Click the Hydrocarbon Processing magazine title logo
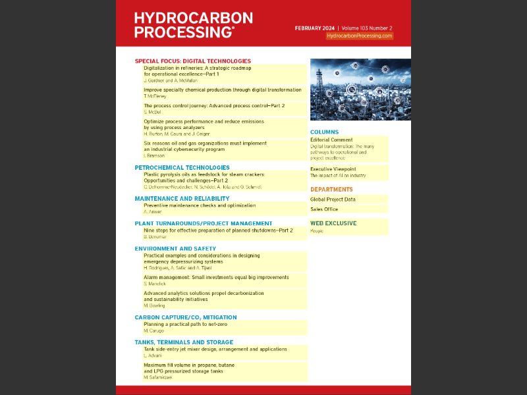pyautogui.click(x=184, y=25)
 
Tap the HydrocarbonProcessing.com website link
pyautogui.click(x=360, y=36)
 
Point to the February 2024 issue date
pyautogui.click(x=316, y=28)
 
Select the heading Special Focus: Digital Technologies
pyautogui.click(x=193, y=61)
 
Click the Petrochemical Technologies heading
pyautogui.click(x=182, y=168)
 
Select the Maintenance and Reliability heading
pyautogui.click(x=182, y=198)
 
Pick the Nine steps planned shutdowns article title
pyautogui.click(x=218, y=230)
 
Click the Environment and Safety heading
pyautogui.click(x=175, y=249)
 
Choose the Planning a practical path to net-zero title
pyautogui.click(x=190, y=325)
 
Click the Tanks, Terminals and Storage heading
pyautogui.click(x=184, y=342)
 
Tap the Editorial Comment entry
pyautogui.click(x=331, y=140)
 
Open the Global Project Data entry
pyautogui.click(x=333, y=199)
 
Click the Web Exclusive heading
pyautogui.click(x=333, y=223)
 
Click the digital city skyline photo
pyautogui.click(x=360, y=90)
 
